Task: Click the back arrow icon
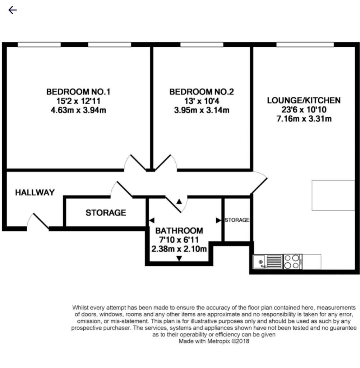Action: click(13, 10)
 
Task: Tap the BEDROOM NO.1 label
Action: click(78, 92)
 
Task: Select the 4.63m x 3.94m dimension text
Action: click(78, 110)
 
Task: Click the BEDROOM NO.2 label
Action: click(202, 92)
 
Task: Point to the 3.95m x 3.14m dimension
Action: click(202, 110)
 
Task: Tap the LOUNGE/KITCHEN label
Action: click(303, 100)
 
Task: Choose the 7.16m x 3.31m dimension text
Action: click(303, 118)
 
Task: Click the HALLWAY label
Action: click(35, 193)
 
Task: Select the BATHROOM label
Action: click(179, 231)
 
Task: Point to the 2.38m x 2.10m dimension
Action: click(179, 249)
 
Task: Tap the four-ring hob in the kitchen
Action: click(292, 262)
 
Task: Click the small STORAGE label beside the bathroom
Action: click(237, 220)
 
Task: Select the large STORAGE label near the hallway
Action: click(106, 213)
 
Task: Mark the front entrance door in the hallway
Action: click(38, 222)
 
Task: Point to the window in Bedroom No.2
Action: click(202, 45)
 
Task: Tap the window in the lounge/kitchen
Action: click(305, 45)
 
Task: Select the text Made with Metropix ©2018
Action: click(214, 342)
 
